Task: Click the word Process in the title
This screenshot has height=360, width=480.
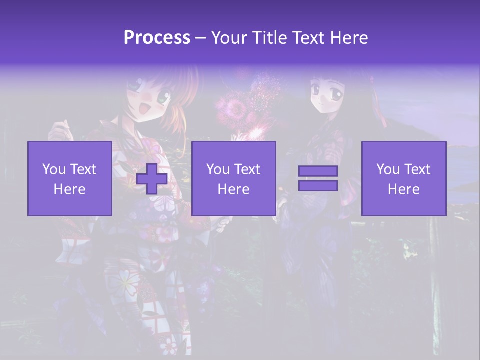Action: coord(157,37)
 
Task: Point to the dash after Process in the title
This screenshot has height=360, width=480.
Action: coord(201,38)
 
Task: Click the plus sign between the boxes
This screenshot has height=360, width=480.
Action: coord(152,179)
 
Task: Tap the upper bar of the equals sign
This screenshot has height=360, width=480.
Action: coord(318,171)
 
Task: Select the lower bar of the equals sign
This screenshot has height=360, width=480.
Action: coord(318,185)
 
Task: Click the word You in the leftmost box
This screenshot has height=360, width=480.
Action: coord(54,169)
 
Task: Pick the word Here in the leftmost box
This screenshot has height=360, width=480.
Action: coord(70,189)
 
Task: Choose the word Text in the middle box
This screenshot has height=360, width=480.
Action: coord(247,169)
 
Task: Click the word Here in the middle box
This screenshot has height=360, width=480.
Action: coord(234,189)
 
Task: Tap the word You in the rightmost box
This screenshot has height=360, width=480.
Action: coord(388,169)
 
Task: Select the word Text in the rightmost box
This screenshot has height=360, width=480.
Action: coord(417,169)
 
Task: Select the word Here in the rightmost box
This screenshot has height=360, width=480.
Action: coord(404,189)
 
